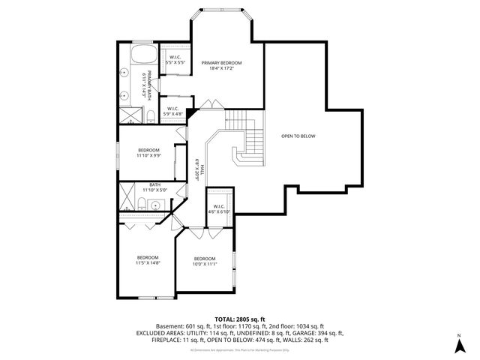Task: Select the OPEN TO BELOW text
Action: click(x=298, y=136)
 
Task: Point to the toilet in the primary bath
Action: click(x=150, y=114)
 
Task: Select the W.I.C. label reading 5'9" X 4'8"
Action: click(x=172, y=111)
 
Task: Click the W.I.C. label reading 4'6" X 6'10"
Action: click(x=220, y=209)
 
